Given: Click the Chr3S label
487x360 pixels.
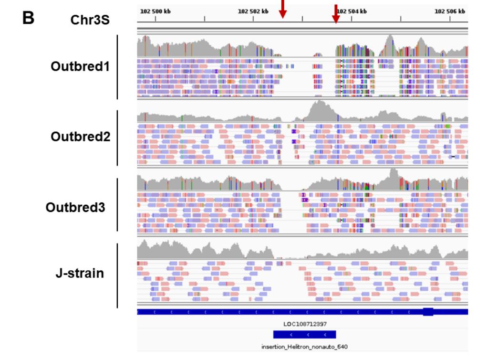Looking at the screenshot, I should point(90,21).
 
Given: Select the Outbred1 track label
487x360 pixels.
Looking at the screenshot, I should point(80,66).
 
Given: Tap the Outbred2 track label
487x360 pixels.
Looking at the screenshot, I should point(80,137).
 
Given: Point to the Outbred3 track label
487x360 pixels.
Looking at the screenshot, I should point(75,208).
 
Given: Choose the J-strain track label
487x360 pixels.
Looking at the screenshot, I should point(80,274).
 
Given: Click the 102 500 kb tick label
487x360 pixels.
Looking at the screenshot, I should point(155,12).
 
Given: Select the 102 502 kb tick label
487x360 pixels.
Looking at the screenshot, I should point(253,12).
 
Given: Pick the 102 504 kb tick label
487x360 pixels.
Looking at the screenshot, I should point(352,12).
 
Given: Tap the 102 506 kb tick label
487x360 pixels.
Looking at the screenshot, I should point(450,12).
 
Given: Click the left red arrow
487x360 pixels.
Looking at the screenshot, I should point(283,9).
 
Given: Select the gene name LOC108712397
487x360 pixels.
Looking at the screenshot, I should point(305,324).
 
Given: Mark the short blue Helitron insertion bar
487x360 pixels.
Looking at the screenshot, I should point(304,335).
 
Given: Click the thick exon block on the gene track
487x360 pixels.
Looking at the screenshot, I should point(428,312).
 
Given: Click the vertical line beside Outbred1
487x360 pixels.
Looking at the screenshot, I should point(117,67).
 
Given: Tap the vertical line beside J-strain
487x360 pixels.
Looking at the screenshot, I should point(117,275).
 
